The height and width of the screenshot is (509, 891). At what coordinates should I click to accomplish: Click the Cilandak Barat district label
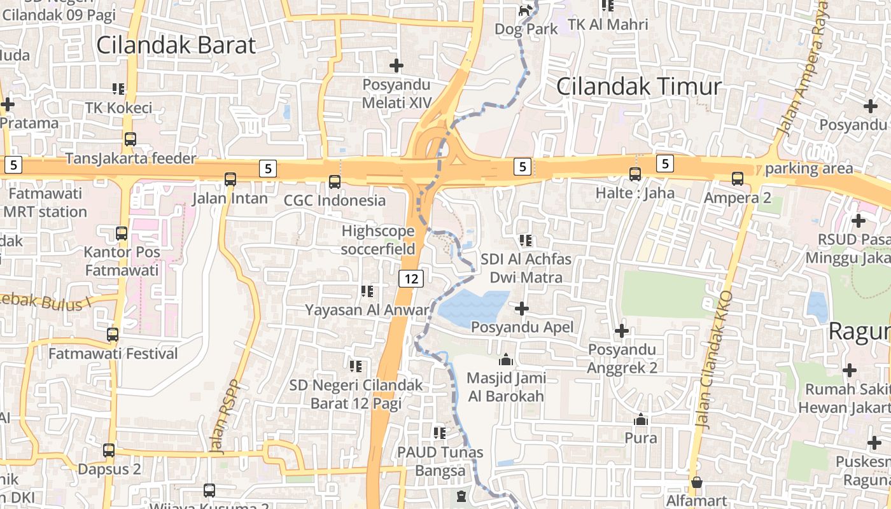(176, 45)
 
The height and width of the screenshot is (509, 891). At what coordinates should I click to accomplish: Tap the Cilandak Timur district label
(639, 87)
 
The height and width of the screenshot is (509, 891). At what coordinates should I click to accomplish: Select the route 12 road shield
(412, 278)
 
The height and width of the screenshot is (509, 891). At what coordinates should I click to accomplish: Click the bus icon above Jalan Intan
(230, 179)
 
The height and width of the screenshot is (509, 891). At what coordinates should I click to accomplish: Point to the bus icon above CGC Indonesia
(335, 182)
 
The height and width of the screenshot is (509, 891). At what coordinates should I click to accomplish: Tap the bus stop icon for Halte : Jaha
(635, 174)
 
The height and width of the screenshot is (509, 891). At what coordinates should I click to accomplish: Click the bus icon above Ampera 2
(738, 179)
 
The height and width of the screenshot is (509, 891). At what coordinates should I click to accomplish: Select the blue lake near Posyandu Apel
(474, 306)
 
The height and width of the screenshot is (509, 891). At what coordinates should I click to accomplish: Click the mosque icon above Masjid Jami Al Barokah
(506, 359)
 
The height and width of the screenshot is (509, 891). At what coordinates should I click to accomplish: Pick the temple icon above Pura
(640, 419)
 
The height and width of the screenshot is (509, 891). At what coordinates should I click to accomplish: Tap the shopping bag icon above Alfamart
(697, 482)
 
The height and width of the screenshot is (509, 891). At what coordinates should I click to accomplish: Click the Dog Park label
(526, 29)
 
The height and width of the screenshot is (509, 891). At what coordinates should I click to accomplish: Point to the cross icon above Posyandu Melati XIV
(396, 65)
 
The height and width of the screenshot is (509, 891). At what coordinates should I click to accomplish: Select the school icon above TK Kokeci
(118, 88)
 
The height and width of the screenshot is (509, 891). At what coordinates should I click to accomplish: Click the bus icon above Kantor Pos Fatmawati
(122, 233)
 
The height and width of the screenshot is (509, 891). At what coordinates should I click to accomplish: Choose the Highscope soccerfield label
(378, 240)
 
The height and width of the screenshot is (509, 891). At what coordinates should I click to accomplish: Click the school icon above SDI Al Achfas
(526, 240)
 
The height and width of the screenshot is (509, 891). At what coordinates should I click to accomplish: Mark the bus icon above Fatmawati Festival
(113, 334)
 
